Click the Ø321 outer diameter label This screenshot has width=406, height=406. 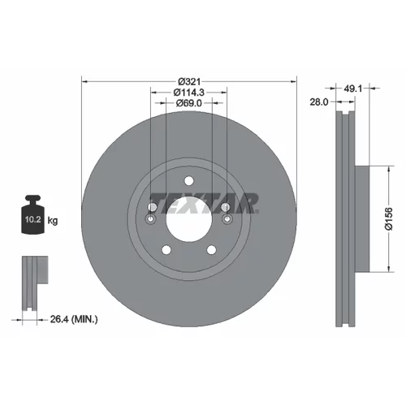point(189,81)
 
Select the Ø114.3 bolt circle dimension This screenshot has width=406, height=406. point(189,93)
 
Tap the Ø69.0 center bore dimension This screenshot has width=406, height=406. point(189,103)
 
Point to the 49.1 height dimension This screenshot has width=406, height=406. point(352,89)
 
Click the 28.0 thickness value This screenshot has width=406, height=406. point(319,102)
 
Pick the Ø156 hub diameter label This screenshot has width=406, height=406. point(389,218)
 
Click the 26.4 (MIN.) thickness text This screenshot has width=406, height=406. point(74,319)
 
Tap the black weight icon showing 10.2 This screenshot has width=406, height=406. point(32,214)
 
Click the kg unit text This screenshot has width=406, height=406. point(53,221)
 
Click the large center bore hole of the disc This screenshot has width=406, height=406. point(189,218)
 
